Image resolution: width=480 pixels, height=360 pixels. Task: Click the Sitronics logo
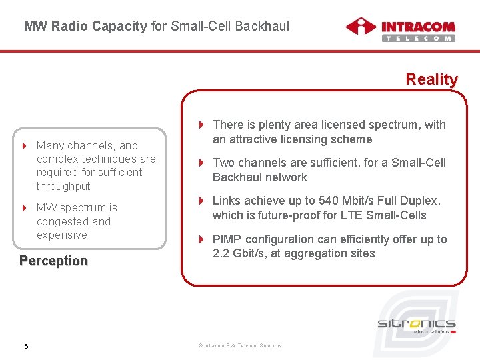pos(417,325)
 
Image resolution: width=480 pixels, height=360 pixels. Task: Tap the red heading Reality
pos(431,79)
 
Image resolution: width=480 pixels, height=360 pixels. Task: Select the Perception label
pos(53,261)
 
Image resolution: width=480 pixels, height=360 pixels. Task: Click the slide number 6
pos(25,345)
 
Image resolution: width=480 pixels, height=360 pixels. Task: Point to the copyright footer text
pos(240,345)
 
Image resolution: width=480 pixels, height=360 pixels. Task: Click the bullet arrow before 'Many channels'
pos(25,145)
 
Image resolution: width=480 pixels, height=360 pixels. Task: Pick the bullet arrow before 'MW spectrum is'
pos(25,208)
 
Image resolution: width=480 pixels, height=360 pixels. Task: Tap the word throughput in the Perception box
pos(63,186)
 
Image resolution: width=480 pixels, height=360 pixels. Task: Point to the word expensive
pos(62,235)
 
